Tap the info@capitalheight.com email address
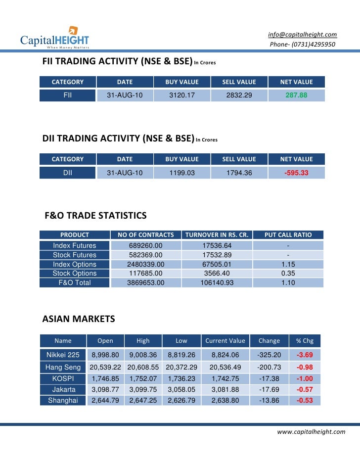(302, 35)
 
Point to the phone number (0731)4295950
(302, 45)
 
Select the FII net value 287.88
(296, 95)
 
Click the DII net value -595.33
(296, 173)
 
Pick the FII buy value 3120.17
(182, 95)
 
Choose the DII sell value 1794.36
(239, 173)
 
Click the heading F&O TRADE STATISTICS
(95, 216)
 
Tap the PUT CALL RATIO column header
(288, 235)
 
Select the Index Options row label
(75, 264)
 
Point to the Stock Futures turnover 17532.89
(217, 255)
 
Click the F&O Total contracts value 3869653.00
(145, 283)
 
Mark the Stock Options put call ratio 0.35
(288, 274)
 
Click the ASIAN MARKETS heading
(79, 319)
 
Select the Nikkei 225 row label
(63, 355)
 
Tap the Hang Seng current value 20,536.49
(225, 367)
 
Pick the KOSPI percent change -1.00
(305, 378)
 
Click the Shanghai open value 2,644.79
(105, 400)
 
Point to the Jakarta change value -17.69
(269, 389)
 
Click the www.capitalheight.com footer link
(311, 432)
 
